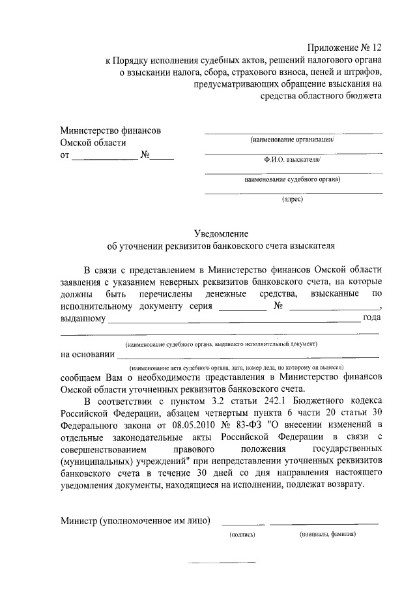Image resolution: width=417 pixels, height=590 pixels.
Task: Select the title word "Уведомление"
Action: (x=221, y=233)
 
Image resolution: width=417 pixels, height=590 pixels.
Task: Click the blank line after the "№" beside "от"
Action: (x=164, y=160)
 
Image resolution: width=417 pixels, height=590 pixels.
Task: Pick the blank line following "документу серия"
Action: (x=243, y=310)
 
